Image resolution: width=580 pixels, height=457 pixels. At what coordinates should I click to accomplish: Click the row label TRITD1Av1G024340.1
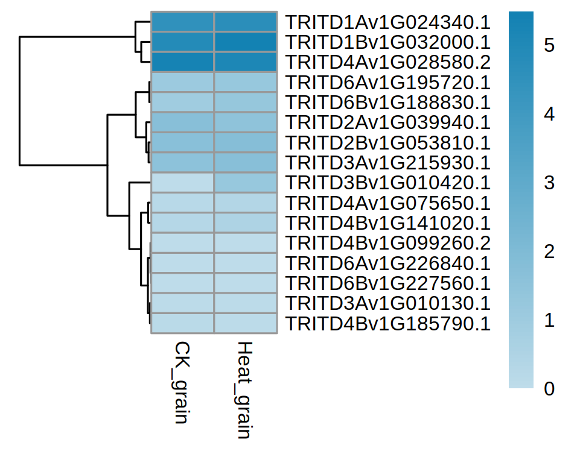387,22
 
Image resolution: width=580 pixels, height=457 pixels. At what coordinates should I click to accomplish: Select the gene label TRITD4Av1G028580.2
387,62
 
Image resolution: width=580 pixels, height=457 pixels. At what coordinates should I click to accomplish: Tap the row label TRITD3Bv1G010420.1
387,183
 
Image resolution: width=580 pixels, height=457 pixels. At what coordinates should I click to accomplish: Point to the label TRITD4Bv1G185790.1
387,323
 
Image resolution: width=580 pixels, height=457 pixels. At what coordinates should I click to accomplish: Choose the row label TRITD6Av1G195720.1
387,83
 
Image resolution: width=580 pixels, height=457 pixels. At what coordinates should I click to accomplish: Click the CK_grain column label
182,382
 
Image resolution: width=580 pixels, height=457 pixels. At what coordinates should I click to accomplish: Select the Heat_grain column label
244,389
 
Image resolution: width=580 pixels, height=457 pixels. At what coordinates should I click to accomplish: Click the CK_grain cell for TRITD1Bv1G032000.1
182,42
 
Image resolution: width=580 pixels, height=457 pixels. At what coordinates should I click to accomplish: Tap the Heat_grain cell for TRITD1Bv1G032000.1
245,42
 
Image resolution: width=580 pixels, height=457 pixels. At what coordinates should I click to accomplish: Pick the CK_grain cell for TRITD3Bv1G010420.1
182,183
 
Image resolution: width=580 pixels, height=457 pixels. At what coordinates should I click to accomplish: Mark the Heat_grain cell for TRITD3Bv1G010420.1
245,183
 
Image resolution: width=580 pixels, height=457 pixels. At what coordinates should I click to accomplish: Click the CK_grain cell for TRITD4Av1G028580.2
182,62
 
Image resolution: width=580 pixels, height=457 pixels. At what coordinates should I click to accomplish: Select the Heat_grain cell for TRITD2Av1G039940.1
245,122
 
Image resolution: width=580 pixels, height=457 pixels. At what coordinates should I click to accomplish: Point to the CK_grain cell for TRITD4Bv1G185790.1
182,323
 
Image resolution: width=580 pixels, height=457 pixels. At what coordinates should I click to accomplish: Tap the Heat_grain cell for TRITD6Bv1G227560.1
245,283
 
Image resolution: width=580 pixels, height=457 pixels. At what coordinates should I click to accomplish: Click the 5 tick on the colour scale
549,45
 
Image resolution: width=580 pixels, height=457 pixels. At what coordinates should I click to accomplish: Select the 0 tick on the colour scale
549,389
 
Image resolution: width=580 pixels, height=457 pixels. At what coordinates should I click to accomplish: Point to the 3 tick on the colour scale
549,183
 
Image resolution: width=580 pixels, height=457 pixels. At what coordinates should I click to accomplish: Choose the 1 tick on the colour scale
549,320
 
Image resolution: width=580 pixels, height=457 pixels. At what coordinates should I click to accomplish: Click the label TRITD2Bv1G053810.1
387,143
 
